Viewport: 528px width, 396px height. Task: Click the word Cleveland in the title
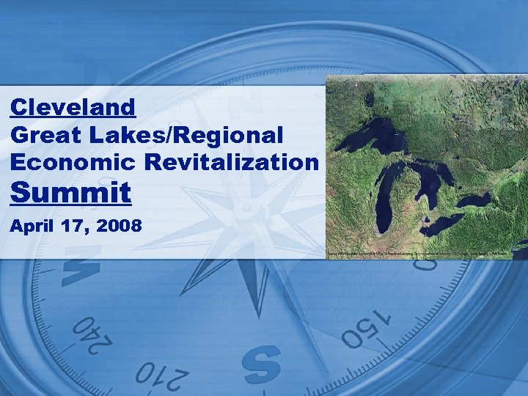[73, 108]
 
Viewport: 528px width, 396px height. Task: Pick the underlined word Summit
[71, 194]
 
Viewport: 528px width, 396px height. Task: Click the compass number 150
[367, 327]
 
